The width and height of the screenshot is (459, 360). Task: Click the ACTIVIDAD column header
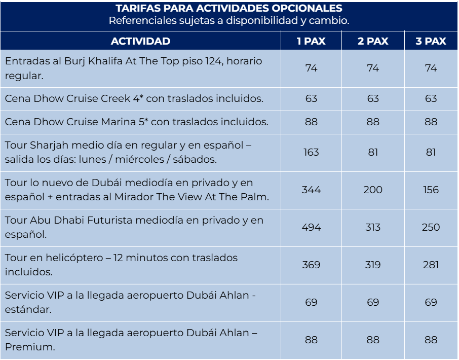[x=140, y=41]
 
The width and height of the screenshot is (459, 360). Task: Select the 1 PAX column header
[x=311, y=41]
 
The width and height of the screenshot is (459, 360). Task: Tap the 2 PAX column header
[x=373, y=41]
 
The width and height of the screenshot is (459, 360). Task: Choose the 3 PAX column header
[x=431, y=41]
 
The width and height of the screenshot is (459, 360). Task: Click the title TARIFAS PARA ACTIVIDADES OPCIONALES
[x=229, y=9]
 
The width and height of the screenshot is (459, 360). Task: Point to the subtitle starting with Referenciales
[x=229, y=21]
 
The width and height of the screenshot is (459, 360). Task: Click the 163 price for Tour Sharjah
[x=311, y=152]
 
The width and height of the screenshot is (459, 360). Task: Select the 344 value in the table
[x=311, y=190]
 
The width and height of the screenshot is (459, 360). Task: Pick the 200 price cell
[x=373, y=190]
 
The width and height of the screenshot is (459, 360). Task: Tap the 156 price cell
[x=431, y=190]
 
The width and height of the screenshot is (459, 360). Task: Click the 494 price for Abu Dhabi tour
[x=311, y=227]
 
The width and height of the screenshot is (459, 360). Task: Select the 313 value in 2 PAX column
[x=373, y=227]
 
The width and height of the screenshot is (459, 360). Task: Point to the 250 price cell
[x=431, y=227]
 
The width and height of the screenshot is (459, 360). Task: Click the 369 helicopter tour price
[x=311, y=265]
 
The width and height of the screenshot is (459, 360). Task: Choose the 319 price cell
[x=373, y=265]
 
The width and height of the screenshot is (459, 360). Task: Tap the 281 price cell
[x=431, y=265]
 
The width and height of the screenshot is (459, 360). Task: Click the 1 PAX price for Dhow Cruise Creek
[x=311, y=98]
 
